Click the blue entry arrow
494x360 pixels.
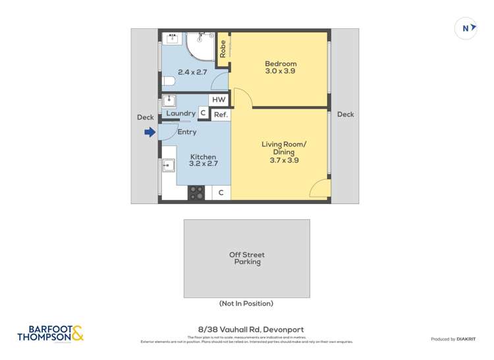(x=150, y=132)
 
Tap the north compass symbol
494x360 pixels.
(x=466, y=28)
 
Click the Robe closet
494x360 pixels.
(x=223, y=49)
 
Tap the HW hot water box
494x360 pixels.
(x=219, y=100)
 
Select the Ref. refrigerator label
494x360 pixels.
(x=221, y=114)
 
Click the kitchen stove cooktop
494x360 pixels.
(x=196, y=193)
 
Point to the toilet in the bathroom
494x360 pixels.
(x=168, y=82)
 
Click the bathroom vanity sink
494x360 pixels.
(x=171, y=38)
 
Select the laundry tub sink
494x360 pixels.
(x=169, y=101)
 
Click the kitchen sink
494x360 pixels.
(x=169, y=165)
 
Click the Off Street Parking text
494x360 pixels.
(x=246, y=258)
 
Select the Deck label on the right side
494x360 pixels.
(x=345, y=115)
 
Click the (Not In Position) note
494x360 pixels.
(x=246, y=303)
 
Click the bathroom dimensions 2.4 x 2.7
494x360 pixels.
(x=193, y=72)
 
